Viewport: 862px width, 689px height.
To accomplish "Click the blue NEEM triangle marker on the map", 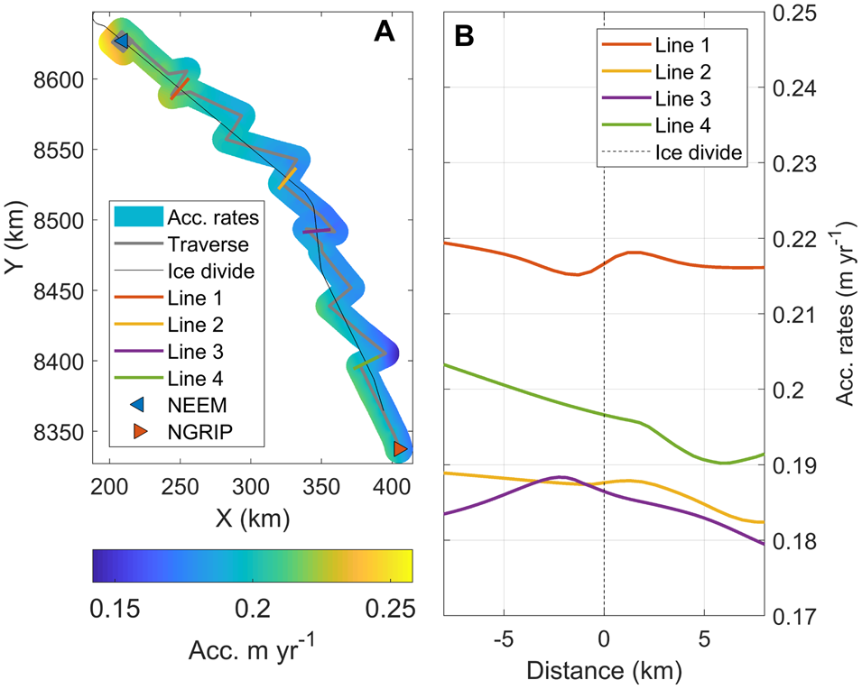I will point(120,41).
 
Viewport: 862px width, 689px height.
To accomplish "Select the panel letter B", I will point(466,35).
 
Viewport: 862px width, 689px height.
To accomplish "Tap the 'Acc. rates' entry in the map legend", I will point(214,216).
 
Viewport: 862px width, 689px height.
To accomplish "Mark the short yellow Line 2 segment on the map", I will point(287,178).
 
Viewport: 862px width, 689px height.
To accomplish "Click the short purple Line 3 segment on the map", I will point(316,232).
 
